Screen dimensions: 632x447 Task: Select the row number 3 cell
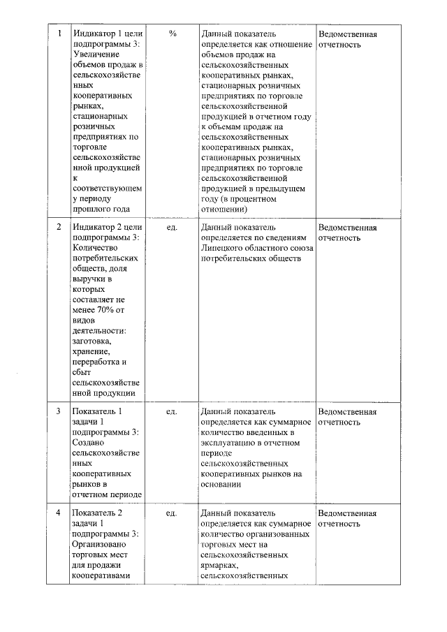(x=59, y=412)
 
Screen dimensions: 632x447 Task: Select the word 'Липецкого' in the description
(x=221, y=248)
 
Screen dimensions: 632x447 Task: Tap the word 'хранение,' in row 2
(x=90, y=351)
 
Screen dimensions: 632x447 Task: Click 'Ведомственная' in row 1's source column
(x=347, y=34)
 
